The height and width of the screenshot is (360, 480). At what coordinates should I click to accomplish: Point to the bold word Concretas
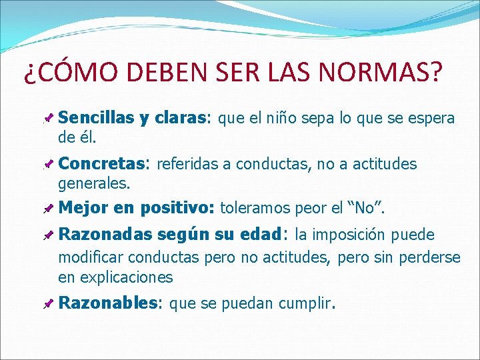click(x=101, y=164)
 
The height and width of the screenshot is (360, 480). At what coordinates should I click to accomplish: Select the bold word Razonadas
click(x=105, y=235)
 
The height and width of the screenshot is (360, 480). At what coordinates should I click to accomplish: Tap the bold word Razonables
click(x=107, y=303)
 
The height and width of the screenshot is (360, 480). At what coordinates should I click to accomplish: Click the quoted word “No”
click(x=364, y=208)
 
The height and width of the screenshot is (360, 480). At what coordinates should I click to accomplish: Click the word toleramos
click(x=255, y=208)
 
